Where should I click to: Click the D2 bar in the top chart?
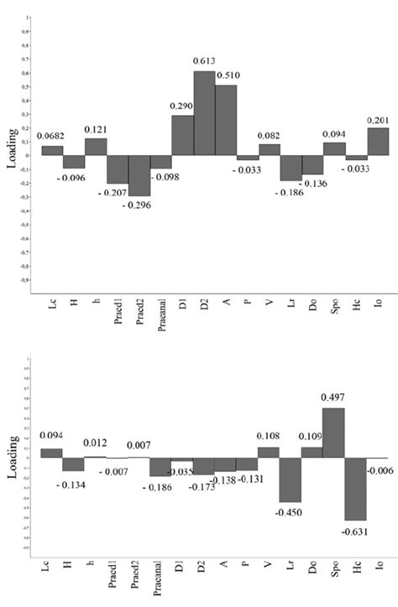point(204,113)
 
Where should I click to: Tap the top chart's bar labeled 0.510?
point(226,120)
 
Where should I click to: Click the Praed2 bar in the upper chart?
point(139,175)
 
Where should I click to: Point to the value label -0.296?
point(139,205)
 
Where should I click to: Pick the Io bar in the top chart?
point(377,142)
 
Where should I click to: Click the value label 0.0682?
point(50,137)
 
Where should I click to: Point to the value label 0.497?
point(333,397)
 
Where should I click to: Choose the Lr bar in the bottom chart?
point(291,480)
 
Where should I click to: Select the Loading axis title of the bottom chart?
point(13,460)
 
